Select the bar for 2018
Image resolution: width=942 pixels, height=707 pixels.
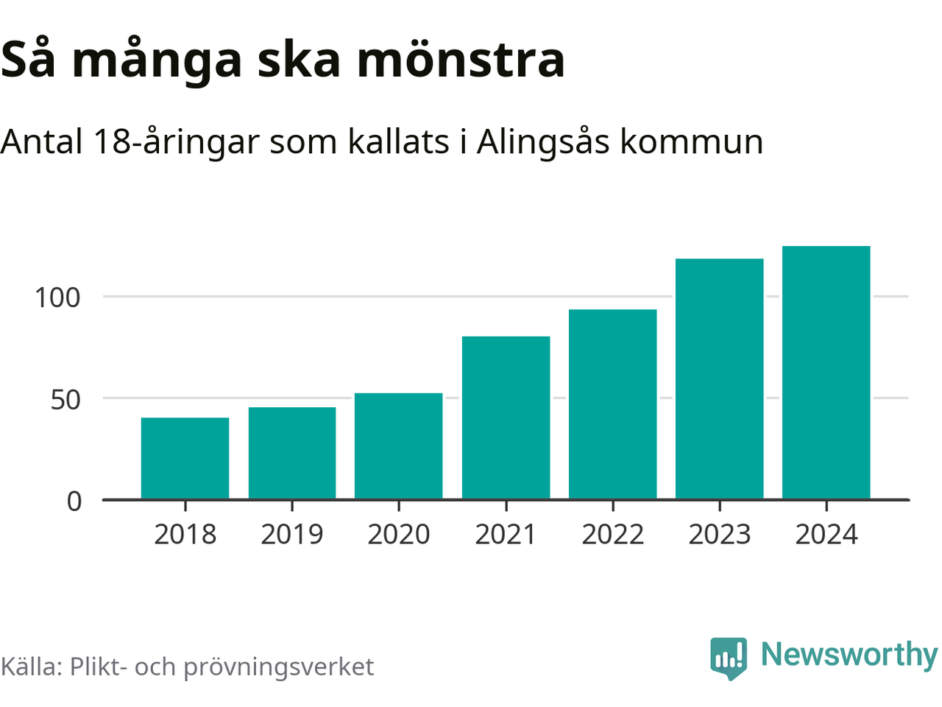pos(185,458)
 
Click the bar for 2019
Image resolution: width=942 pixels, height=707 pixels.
pos(292,453)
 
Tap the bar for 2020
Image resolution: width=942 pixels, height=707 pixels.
pos(398,446)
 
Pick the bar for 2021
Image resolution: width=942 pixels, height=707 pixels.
pos(506,418)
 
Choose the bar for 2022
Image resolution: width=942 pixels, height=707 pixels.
pos(612,404)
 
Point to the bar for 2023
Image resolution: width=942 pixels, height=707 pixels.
pos(719,379)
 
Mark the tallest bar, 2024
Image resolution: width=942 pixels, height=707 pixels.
pos(826,373)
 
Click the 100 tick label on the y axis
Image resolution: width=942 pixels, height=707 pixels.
pos(57,298)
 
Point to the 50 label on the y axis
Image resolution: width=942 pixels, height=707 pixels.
pos(65,399)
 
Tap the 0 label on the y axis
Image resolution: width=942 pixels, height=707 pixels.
pos(74,502)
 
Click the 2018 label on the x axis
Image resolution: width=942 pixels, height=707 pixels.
pos(185,535)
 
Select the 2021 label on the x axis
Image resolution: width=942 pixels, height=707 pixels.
pos(506,535)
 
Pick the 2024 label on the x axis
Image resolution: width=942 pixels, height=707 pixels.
pos(826,535)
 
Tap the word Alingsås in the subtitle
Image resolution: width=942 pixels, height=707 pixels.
pos(543,141)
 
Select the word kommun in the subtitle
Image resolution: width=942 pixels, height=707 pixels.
pos(691,141)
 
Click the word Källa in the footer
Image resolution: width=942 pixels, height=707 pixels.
pos(29,666)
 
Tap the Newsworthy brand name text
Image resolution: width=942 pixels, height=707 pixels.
pos(849,655)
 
